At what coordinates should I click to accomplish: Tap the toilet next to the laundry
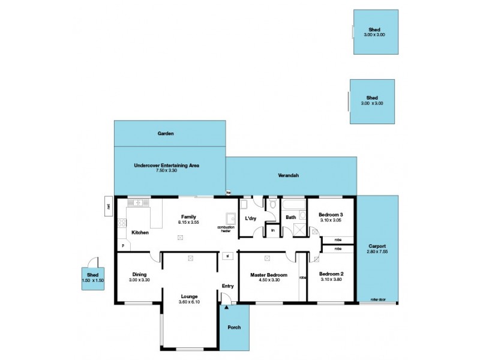(x=272, y=205)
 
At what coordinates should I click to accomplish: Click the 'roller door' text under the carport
(x=377, y=299)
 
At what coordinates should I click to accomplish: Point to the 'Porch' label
(x=233, y=328)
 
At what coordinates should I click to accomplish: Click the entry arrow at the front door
(x=226, y=307)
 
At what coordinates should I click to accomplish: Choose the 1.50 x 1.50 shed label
(x=92, y=281)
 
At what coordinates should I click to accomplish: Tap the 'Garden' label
(x=166, y=134)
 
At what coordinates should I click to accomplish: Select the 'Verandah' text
(x=289, y=176)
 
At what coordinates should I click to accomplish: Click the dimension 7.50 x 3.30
(x=166, y=171)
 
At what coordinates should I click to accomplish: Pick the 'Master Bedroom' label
(x=268, y=275)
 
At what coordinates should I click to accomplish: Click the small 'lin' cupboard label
(x=272, y=230)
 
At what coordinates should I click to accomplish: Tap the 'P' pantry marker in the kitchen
(x=123, y=245)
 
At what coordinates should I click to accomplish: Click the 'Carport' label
(x=377, y=246)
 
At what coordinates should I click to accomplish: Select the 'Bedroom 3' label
(x=331, y=214)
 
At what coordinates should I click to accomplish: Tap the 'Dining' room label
(x=139, y=275)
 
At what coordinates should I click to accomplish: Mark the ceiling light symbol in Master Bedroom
(x=269, y=259)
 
